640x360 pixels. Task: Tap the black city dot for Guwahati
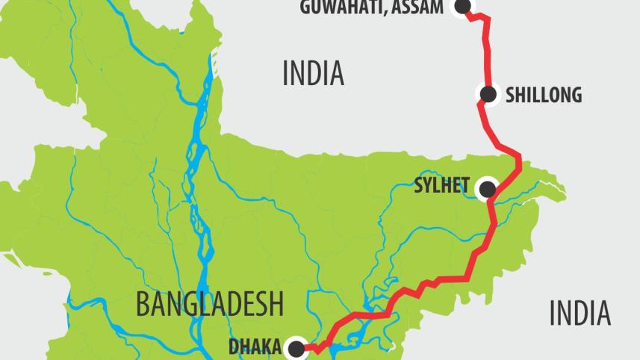[462, 6]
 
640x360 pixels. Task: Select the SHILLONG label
[543, 96]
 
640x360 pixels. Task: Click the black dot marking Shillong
[488, 95]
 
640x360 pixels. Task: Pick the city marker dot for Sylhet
[487, 188]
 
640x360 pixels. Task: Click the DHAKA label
[255, 347]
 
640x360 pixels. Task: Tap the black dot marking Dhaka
[296, 347]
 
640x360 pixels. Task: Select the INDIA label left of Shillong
[313, 73]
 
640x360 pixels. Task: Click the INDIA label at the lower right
[580, 313]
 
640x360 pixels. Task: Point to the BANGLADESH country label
[210, 305]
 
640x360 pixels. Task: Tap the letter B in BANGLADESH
[142, 305]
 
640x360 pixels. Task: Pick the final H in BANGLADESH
[276, 305]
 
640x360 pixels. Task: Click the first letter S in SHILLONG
[510, 96]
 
